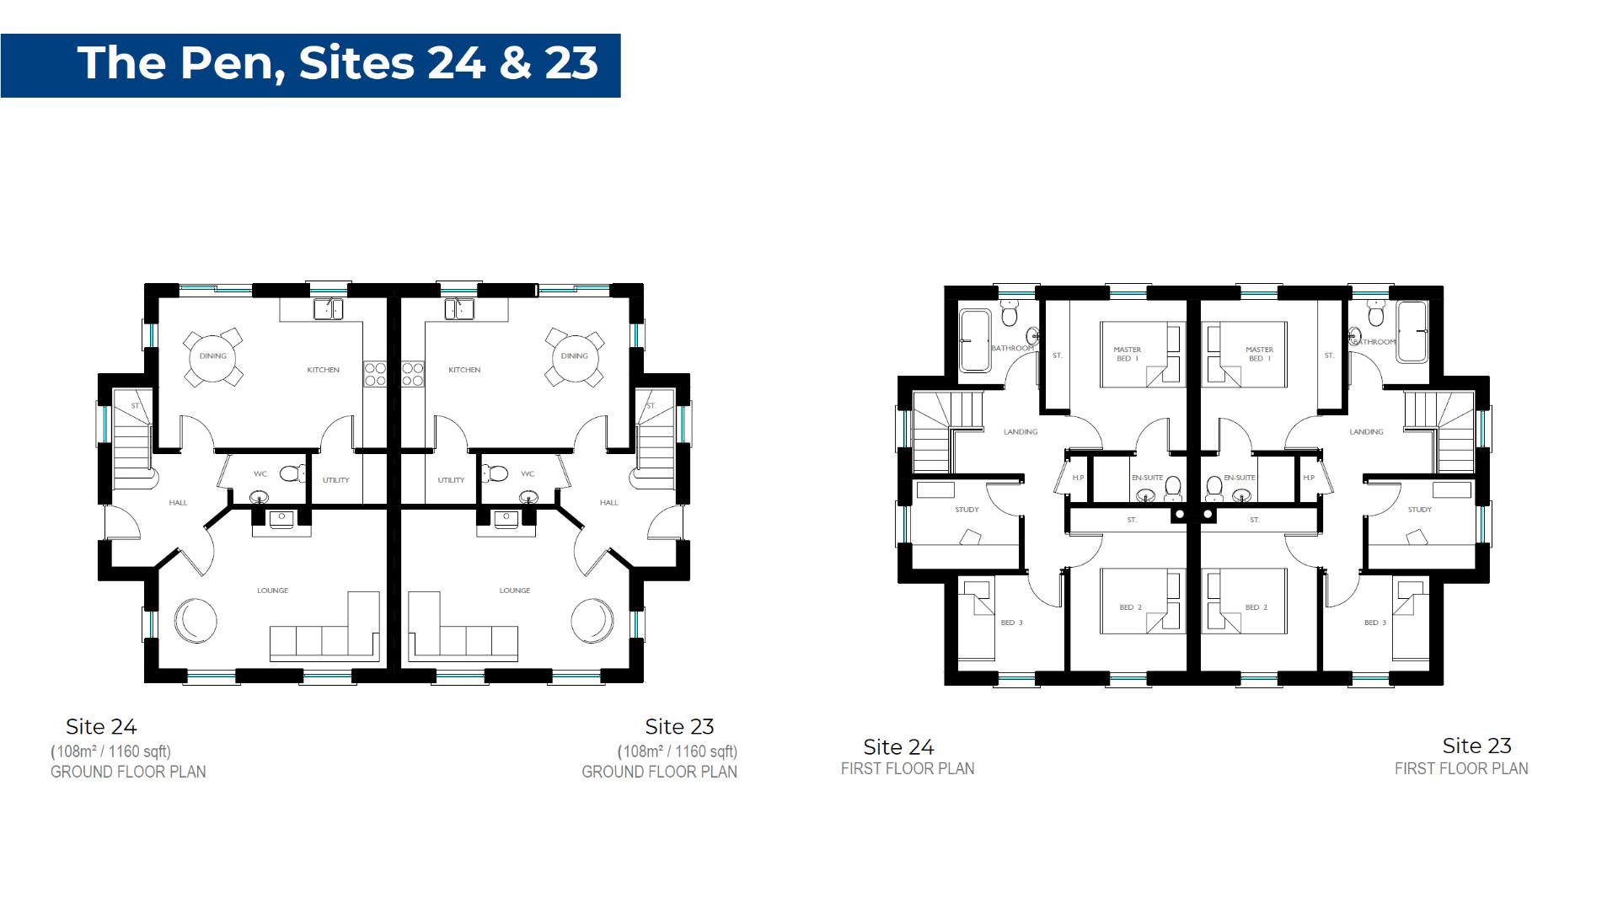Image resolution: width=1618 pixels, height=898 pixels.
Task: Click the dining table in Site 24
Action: point(212,356)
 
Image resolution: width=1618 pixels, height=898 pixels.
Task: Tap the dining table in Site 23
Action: point(575,356)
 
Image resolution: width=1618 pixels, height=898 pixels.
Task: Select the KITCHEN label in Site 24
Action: point(323,370)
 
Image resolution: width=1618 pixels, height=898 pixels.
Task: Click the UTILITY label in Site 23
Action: point(451,480)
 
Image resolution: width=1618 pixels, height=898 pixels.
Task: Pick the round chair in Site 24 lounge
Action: point(196,621)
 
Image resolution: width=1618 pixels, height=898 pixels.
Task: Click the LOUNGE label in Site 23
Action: point(514,591)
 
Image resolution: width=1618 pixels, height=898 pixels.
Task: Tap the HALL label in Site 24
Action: point(178,503)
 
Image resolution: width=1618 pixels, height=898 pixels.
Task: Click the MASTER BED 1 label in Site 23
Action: point(1259,354)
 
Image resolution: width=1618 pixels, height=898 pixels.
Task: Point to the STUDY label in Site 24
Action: point(967,510)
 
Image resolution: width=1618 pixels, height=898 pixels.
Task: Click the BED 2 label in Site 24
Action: point(1130,607)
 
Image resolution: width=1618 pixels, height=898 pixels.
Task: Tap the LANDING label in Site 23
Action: point(1366,432)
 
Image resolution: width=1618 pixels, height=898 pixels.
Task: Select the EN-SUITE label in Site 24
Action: point(1147,478)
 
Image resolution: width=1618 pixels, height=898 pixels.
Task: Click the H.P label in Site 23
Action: point(1309,478)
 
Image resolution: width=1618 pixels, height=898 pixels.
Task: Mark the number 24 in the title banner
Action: point(456,63)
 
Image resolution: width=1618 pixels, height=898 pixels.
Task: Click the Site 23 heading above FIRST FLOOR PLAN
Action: point(1476,746)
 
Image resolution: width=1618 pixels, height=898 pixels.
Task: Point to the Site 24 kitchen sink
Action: point(329,309)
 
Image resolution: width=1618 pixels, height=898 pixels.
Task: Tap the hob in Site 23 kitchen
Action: point(412,374)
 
